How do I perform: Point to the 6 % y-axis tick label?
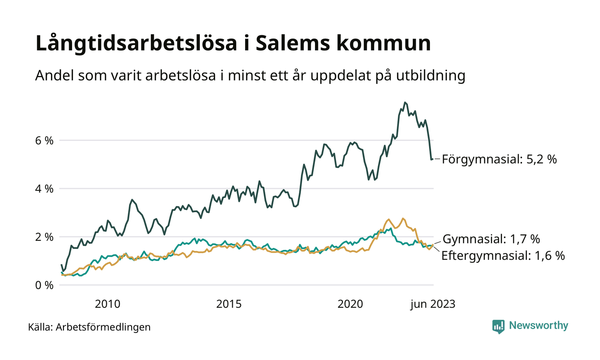pos(44,140)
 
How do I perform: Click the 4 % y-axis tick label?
pos(44,189)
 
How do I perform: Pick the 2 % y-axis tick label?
pos(44,237)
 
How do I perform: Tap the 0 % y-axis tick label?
pos(44,285)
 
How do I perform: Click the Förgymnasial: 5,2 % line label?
pos(499,159)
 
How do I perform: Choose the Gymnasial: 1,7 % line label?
pos(491,239)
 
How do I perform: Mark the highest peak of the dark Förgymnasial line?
pos(405,102)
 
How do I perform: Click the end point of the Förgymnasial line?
pos(432,159)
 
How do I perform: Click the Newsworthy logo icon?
pos(498,326)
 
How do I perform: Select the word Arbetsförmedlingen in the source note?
pos(103,327)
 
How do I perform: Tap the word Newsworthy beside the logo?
pos(538,326)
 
